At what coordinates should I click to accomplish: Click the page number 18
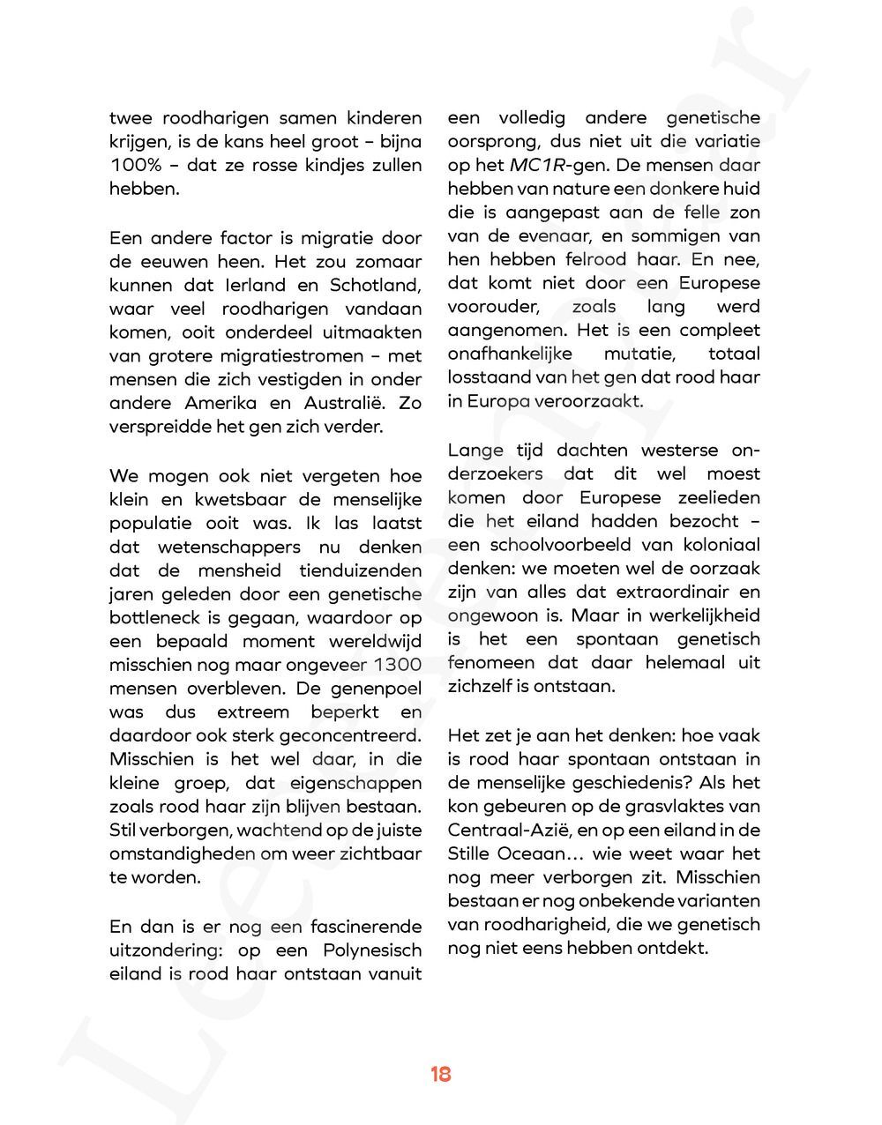(x=441, y=1074)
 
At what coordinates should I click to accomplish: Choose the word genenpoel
(x=375, y=689)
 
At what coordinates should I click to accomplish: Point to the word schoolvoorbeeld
(x=551, y=545)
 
